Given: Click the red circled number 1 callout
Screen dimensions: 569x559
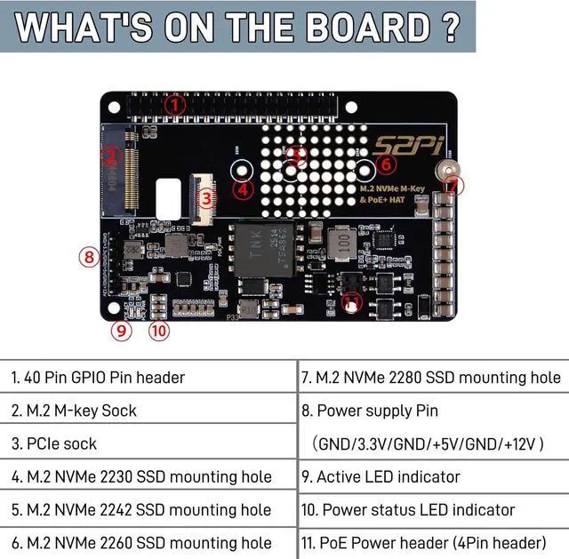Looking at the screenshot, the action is [x=175, y=104].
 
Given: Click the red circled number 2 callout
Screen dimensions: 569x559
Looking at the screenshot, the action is [x=110, y=157].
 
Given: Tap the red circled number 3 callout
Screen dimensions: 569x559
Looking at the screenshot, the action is [x=206, y=200].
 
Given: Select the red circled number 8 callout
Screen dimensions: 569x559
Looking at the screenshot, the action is [x=89, y=257].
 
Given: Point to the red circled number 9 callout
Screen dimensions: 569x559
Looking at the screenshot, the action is [x=122, y=331].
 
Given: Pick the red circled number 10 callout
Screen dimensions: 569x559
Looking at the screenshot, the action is [x=158, y=331].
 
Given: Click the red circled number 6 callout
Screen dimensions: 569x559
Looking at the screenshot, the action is [x=385, y=164].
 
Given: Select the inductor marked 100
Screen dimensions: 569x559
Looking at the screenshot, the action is [x=342, y=243].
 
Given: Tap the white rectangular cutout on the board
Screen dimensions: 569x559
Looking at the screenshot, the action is [x=168, y=197].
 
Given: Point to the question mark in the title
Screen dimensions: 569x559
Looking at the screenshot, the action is [x=453, y=26].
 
